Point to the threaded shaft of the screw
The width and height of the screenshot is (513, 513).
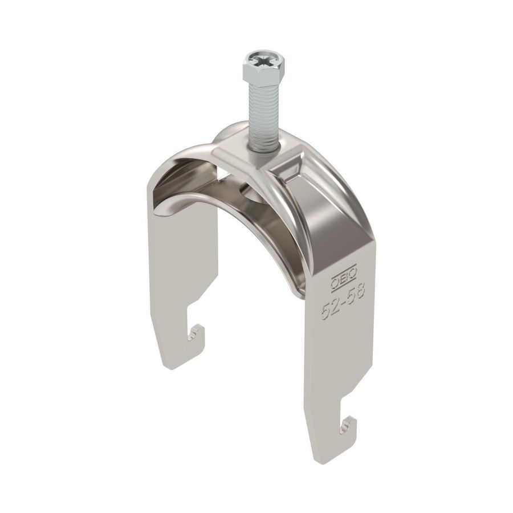click(x=263, y=114)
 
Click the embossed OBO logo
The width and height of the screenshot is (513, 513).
click(x=344, y=279)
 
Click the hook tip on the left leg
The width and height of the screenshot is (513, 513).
click(x=197, y=329)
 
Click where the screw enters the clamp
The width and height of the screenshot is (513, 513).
click(x=263, y=149)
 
